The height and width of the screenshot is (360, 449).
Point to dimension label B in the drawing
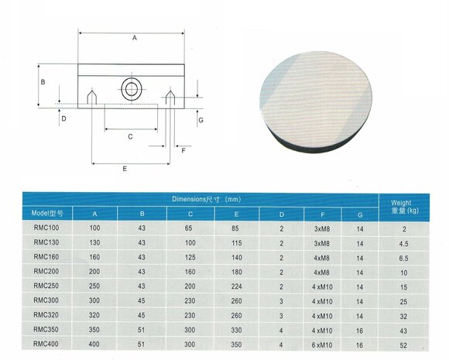[43, 81]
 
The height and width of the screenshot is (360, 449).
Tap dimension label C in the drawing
[130, 136]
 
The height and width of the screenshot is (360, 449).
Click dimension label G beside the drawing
[200, 121]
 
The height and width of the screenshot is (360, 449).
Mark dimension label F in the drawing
[183, 150]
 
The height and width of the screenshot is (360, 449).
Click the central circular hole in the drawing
[130, 88]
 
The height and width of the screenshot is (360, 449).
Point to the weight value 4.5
[403, 242]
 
